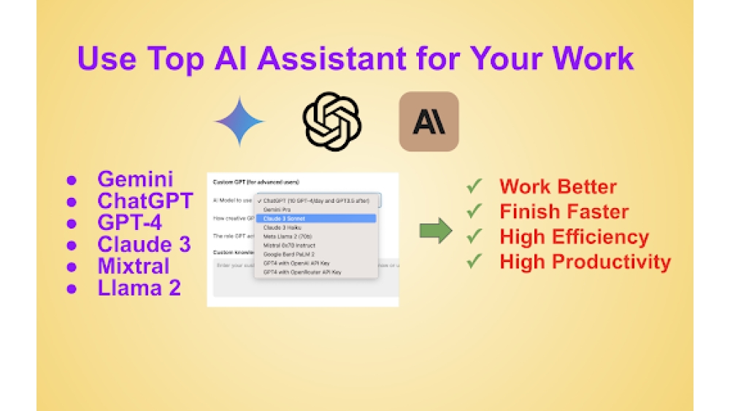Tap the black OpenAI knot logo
(332, 122)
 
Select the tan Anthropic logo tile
(429, 122)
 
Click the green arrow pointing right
(436, 232)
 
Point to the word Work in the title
(591, 58)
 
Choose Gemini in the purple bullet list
(135, 179)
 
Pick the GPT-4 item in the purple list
(130, 223)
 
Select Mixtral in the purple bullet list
(133, 266)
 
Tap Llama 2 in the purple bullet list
(139, 288)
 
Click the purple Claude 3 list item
(144, 245)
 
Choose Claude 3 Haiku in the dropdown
(282, 227)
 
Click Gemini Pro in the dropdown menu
(278, 210)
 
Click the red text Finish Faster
(564, 212)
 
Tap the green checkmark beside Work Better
(475, 187)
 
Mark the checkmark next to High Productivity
(475, 261)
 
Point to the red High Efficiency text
(574, 237)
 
